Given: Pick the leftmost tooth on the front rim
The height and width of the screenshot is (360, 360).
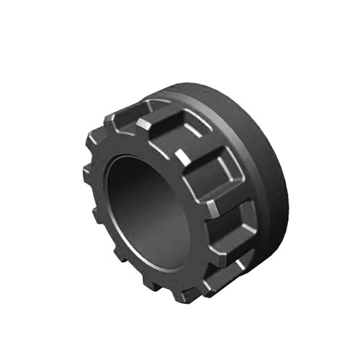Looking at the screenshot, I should (88, 173).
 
